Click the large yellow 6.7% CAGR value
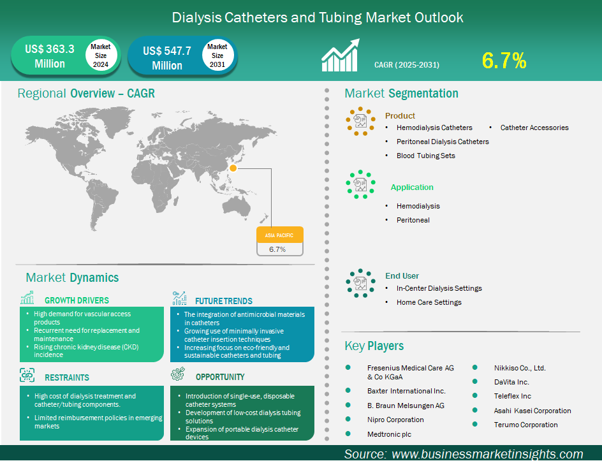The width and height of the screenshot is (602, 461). (x=504, y=61)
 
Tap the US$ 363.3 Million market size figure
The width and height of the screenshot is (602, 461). (x=49, y=56)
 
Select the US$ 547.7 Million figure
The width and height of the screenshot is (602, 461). (x=167, y=58)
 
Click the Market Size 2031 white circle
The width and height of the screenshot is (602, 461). (x=217, y=56)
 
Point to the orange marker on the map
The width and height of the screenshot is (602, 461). (x=233, y=168)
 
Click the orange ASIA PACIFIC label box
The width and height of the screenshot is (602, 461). (x=279, y=235)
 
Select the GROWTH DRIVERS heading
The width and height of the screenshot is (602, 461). (x=77, y=300)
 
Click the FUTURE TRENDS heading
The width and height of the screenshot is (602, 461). (x=224, y=301)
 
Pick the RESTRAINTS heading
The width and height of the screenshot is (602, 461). (x=67, y=377)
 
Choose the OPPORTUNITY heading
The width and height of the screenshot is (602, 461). (x=220, y=377)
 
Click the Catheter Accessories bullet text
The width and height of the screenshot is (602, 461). (x=534, y=128)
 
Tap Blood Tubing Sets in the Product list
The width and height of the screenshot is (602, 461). (x=425, y=156)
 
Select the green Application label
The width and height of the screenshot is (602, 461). (x=412, y=187)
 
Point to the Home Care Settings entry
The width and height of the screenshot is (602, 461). (x=429, y=302)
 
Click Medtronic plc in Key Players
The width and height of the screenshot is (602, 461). (x=389, y=434)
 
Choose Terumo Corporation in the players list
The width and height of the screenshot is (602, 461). (x=525, y=425)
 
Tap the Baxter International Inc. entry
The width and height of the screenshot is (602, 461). (x=406, y=391)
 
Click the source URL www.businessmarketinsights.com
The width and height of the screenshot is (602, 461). (x=487, y=454)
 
